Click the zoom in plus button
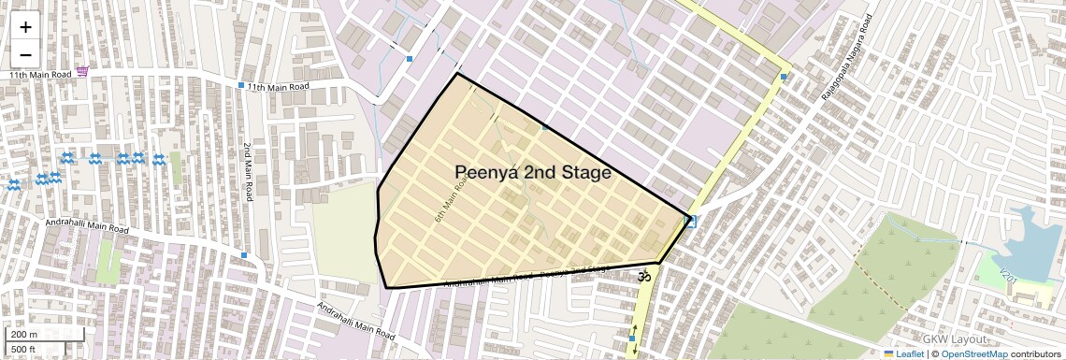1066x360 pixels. coord(25,26)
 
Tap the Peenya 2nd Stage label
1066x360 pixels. coord(533,173)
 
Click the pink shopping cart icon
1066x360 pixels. coord(83,71)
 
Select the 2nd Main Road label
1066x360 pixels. coord(248,172)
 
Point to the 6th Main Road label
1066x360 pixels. coord(450,197)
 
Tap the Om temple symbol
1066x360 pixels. coord(642,277)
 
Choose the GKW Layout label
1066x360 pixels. coord(955,339)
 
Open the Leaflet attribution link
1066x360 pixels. coord(904,353)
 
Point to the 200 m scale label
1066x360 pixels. coord(24,334)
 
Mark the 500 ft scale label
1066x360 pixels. coord(23,350)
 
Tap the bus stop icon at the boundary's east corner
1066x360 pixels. coord(690,221)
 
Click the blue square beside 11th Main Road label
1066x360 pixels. coord(241,86)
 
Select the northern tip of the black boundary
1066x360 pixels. coord(457,74)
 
